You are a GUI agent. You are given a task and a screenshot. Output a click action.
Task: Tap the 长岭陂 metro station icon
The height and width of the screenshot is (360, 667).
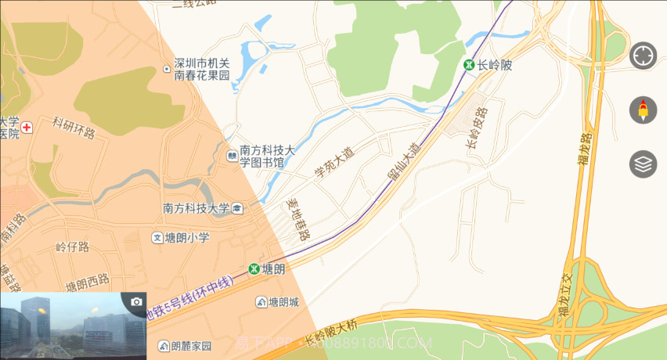click(469, 65)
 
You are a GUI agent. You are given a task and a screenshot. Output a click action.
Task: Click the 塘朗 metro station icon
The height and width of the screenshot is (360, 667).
click(254, 268)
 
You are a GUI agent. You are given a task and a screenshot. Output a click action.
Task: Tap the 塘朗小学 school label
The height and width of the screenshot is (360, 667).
click(187, 237)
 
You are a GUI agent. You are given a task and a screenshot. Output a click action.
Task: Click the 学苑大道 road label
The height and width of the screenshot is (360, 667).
click(334, 163)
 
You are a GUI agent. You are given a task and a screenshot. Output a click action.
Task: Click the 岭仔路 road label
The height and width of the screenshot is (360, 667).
click(73, 247)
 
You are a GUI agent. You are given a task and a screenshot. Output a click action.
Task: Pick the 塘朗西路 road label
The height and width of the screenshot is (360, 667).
click(87, 283)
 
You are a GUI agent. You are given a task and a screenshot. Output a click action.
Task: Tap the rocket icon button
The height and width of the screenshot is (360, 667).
click(643, 110)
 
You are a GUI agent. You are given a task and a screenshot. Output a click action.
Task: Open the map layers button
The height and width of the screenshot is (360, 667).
click(643, 164)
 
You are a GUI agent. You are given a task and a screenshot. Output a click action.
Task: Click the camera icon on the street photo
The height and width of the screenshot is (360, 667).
click(137, 302)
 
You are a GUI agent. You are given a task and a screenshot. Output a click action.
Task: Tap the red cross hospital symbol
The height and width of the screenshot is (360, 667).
click(27, 127)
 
